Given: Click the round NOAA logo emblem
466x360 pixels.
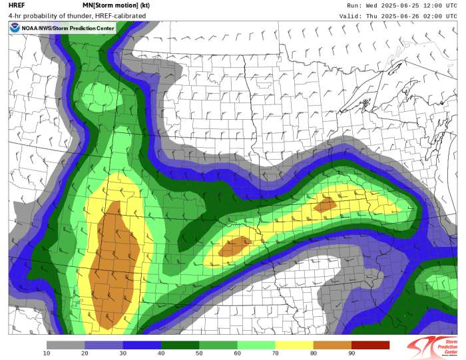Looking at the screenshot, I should (x=15, y=28).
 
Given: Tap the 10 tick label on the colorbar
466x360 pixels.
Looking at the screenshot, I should (x=47, y=353).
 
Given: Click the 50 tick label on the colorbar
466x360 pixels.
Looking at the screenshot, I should (x=199, y=353).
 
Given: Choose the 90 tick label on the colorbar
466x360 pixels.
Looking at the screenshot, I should (x=351, y=353).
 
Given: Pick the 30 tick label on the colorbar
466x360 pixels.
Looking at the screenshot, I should (x=122, y=353).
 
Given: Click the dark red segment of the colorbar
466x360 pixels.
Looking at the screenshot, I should (x=370, y=344).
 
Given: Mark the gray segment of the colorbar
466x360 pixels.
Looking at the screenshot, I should (x=65, y=344).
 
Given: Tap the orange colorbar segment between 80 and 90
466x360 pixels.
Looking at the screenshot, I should (x=332, y=344).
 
